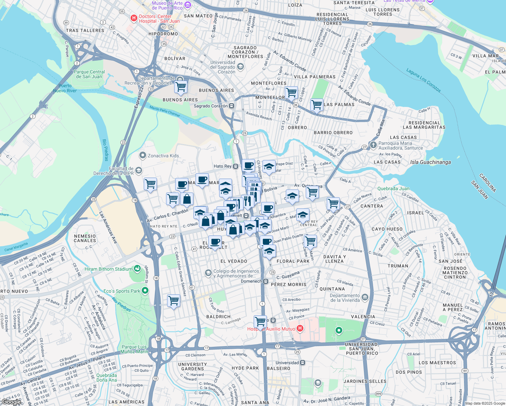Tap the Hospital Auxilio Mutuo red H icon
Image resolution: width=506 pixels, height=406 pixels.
point(300,329)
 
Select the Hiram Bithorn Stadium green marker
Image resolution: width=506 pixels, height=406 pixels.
point(137,269)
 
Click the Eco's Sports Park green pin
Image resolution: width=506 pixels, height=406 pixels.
point(145,291)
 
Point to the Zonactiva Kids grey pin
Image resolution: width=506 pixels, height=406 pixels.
point(143,156)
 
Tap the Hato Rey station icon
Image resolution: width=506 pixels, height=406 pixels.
point(235,166)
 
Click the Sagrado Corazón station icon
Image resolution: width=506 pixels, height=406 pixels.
point(232,106)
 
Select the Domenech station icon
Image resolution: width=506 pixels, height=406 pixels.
point(266,281)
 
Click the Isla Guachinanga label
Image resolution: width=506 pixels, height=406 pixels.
point(430,162)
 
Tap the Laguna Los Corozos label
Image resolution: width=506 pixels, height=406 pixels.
point(423,80)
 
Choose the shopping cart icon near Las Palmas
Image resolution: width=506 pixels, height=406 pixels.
point(317,105)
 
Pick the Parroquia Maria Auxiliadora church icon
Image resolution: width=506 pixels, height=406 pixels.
point(373,145)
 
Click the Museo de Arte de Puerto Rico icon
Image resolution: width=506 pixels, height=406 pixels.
point(188,5)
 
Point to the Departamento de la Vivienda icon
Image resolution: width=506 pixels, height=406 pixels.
point(365,297)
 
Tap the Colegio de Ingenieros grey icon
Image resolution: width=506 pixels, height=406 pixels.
point(208,273)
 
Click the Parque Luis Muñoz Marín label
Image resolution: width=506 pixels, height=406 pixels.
point(134,349)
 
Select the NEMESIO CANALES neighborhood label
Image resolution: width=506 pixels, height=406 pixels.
point(85,238)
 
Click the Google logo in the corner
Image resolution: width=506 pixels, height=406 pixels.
point(11,402)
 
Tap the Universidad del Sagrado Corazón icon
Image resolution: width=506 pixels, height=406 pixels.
point(240,67)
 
